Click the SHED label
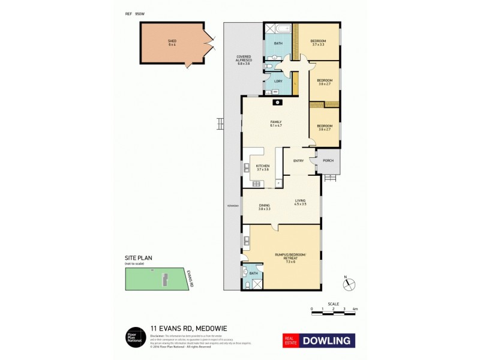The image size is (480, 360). coord(172,41)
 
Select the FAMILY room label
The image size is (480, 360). coord(275,123)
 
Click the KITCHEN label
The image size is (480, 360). coord(263,167)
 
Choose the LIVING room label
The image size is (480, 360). coord(300,202)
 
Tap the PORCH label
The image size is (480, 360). coord(328,160)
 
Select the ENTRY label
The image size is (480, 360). coord(298,161)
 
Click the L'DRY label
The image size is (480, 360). coord(278,81)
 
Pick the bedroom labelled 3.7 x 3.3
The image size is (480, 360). coord(319,43)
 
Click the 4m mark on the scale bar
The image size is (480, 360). coord(355,310)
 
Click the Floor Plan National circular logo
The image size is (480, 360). coord(133,337)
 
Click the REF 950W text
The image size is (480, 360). coord(136,13)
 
